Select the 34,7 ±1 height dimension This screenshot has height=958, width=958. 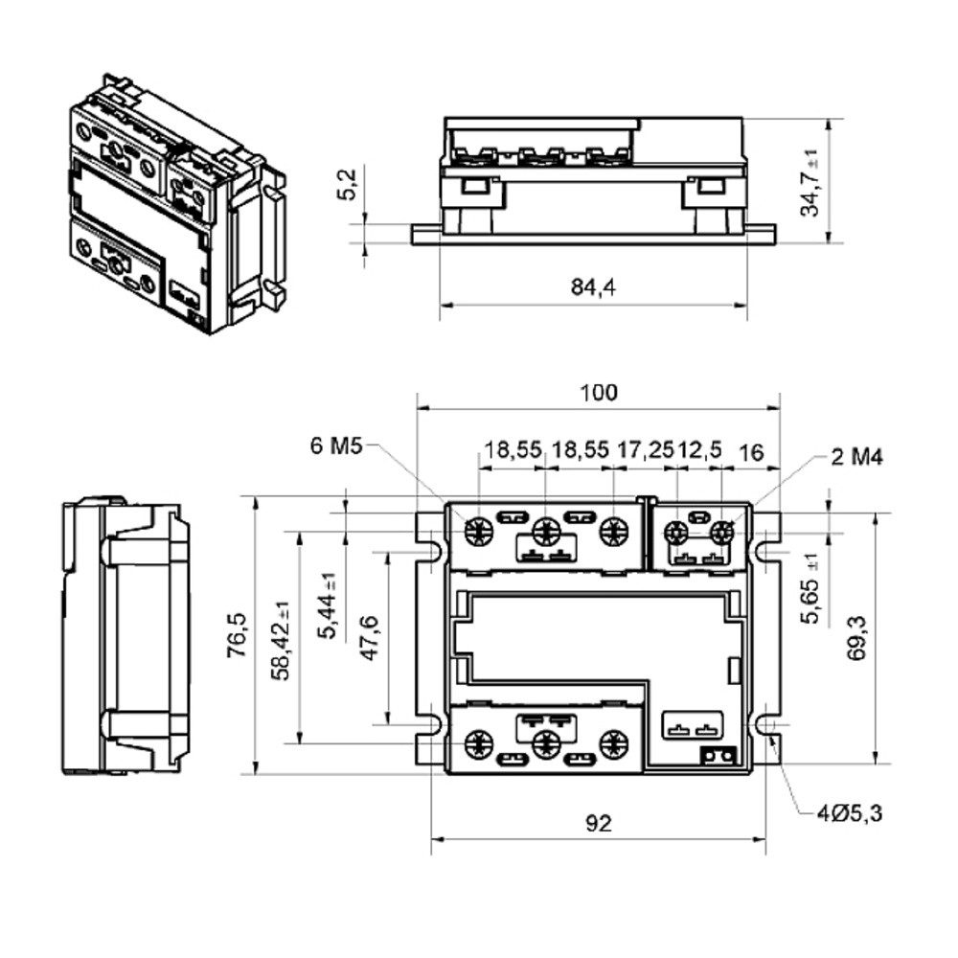(811, 181)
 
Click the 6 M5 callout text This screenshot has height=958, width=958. (335, 446)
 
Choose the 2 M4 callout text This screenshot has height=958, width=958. (855, 457)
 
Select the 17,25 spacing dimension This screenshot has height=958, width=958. (646, 450)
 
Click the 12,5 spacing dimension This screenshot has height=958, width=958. (699, 450)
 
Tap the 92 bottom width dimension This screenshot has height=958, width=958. (598, 823)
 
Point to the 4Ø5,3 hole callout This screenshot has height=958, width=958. (849, 814)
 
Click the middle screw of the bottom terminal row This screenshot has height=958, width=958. (546, 741)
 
